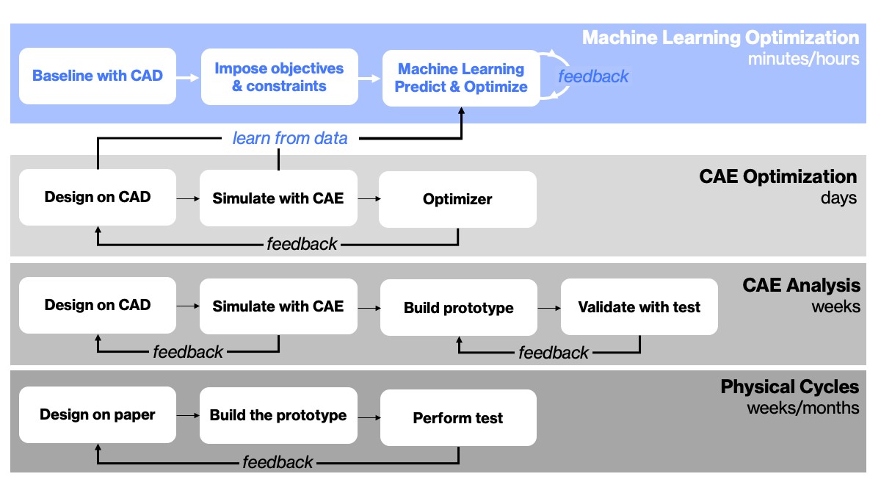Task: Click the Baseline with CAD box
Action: (x=98, y=76)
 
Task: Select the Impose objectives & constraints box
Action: (x=279, y=77)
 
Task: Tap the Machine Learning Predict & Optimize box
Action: (x=462, y=78)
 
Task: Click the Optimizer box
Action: (x=457, y=199)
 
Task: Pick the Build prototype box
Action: (x=458, y=308)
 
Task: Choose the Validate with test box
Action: (x=639, y=307)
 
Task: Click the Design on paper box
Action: (x=98, y=414)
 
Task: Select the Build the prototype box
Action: (x=278, y=416)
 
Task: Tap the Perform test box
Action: (x=458, y=418)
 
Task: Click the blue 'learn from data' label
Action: (x=290, y=138)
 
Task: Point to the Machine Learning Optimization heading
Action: (x=720, y=37)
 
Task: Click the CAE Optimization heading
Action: (x=777, y=177)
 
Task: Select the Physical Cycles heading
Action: (x=789, y=387)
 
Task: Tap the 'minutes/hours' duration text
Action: (x=803, y=59)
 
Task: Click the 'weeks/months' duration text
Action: (x=802, y=408)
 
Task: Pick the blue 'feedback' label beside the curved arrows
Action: (x=593, y=76)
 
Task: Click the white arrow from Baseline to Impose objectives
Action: (x=189, y=76)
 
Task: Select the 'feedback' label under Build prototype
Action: (x=554, y=353)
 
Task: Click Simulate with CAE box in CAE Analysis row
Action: (x=278, y=306)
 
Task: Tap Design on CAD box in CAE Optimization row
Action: (x=98, y=198)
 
